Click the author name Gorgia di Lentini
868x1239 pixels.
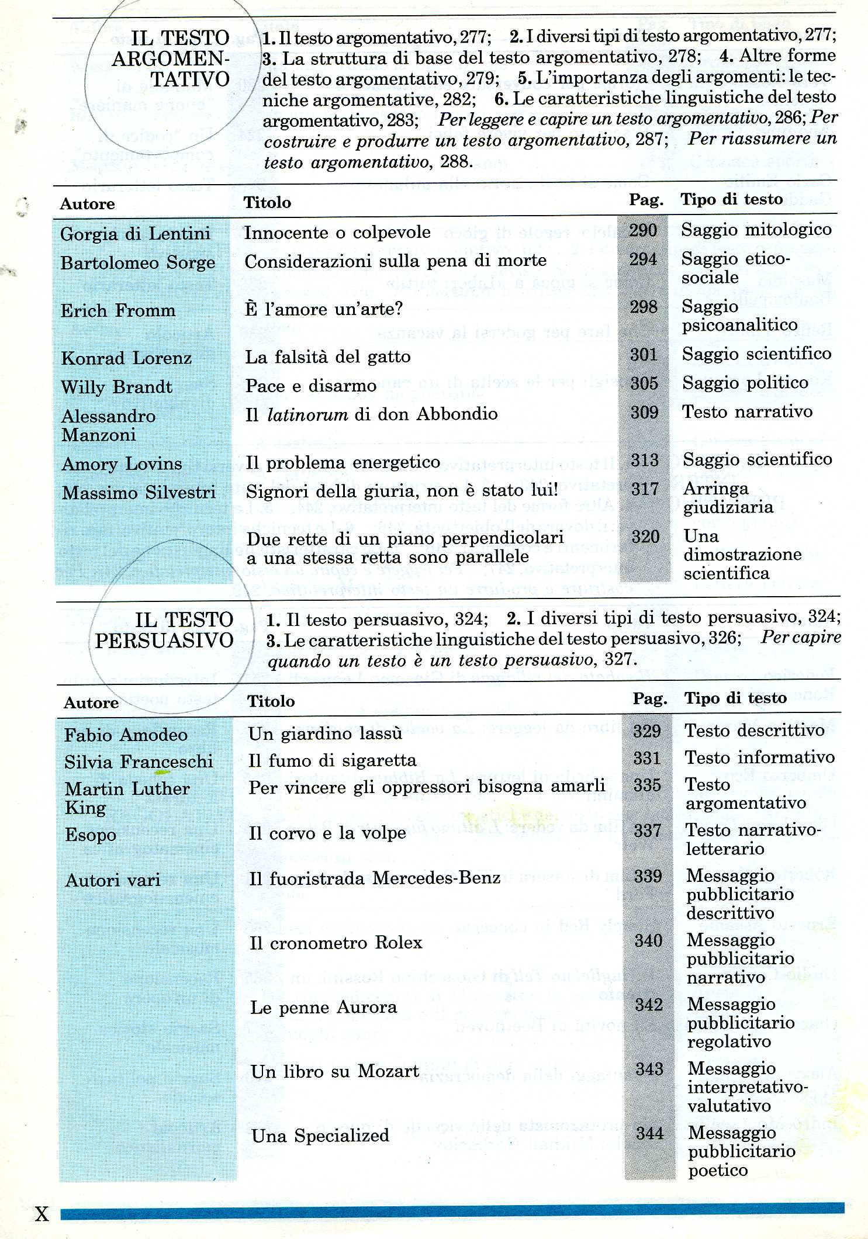(x=135, y=234)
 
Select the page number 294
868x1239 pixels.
(x=643, y=259)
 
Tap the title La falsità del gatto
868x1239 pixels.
(x=327, y=357)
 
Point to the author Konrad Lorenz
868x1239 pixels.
(x=126, y=358)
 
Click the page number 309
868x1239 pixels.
(x=644, y=412)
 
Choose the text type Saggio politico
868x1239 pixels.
(x=745, y=383)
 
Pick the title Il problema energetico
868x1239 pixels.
(x=343, y=462)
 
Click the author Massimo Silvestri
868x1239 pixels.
(x=139, y=492)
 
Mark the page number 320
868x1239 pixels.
(x=645, y=536)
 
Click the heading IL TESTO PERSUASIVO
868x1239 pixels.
(x=165, y=630)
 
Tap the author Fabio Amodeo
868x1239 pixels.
(x=126, y=735)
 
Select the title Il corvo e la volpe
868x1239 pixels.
(x=327, y=833)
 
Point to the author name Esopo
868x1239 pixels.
(x=91, y=835)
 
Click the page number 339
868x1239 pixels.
(x=648, y=875)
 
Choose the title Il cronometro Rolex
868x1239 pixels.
(x=336, y=942)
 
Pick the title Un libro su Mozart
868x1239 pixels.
(x=335, y=1071)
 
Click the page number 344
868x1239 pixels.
(x=650, y=1133)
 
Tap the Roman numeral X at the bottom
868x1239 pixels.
(x=42, y=1214)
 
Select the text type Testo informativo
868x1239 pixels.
(x=760, y=757)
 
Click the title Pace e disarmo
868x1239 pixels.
(x=310, y=386)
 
